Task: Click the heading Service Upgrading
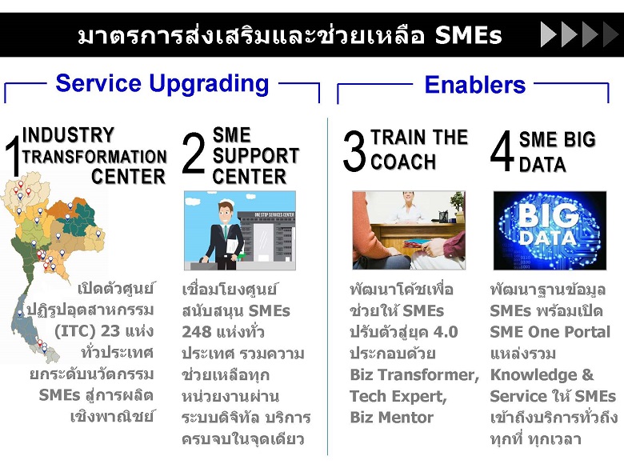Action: [162, 84]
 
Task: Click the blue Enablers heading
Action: [474, 84]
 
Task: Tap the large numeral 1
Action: [12, 156]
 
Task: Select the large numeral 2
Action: [194, 154]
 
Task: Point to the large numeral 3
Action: [354, 151]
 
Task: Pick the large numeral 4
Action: [502, 151]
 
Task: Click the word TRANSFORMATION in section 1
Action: [94, 156]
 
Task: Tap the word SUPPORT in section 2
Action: [256, 156]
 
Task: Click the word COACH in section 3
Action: [403, 162]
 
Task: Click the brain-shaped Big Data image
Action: [550, 230]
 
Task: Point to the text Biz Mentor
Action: [391, 418]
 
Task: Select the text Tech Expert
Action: [398, 396]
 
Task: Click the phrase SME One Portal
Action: [550, 332]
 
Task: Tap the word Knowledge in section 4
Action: [534, 375]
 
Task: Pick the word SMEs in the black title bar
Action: [468, 35]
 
